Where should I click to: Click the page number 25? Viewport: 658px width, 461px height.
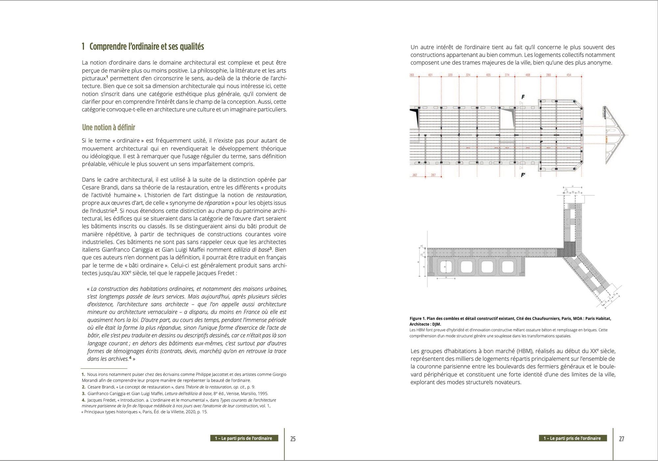[293, 439]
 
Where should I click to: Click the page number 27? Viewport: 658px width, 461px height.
[621, 439]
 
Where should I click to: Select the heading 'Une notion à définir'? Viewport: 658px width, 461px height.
[109, 127]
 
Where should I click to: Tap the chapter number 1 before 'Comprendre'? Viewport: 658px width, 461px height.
[84, 47]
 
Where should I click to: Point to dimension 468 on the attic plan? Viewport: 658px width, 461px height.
[528, 75]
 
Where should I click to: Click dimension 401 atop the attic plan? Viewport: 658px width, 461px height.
[430, 75]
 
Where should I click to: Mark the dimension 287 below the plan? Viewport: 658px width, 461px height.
[433, 175]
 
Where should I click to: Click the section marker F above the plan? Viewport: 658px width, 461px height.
[523, 97]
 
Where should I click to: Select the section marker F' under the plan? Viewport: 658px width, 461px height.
[523, 175]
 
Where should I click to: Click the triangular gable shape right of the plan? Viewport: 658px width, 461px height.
[614, 135]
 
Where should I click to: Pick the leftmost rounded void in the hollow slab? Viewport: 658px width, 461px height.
[445, 267]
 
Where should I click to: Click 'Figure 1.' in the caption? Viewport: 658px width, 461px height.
[418, 319]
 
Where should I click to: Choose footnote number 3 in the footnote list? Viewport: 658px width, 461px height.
[84, 394]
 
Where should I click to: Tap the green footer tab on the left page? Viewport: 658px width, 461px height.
[244, 438]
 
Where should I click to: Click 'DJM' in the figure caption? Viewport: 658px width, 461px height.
[436, 324]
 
